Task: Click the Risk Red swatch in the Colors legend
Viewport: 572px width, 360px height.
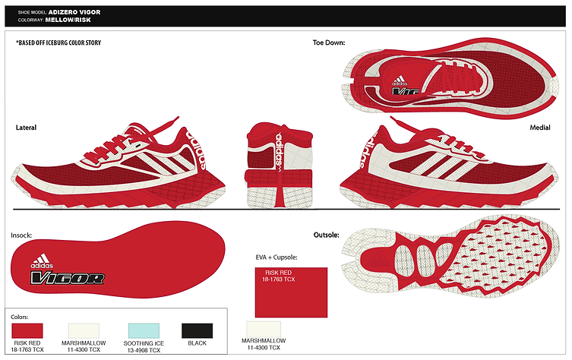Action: [27, 331]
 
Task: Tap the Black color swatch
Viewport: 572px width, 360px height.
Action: [197, 331]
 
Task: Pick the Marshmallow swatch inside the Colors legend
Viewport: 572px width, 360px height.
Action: [84, 331]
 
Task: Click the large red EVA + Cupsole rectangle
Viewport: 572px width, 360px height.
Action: [291, 292]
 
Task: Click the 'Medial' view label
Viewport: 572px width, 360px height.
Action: [540, 128]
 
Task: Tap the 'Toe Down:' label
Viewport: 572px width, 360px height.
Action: [329, 43]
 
